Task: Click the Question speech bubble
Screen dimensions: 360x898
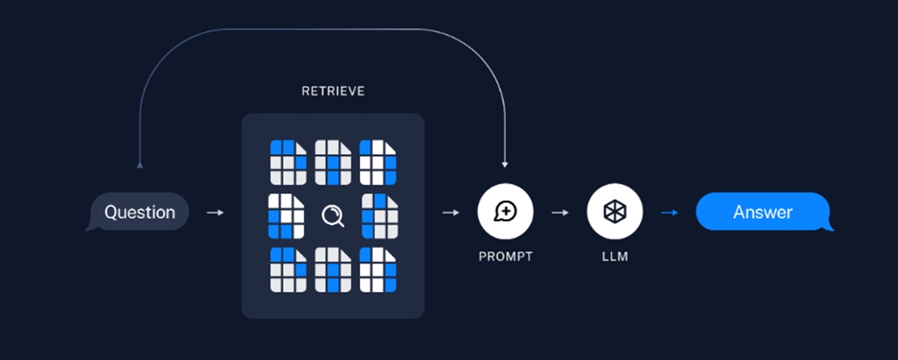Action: [139, 212]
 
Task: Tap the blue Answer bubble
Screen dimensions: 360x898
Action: [762, 212]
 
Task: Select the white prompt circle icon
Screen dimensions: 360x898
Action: [505, 212]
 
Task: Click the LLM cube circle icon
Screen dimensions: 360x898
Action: [614, 212]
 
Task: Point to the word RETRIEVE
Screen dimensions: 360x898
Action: [333, 92]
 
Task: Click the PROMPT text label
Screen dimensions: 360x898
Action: [505, 257]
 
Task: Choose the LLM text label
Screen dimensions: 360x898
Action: [614, 257]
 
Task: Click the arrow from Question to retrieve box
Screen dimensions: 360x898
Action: [216, 212]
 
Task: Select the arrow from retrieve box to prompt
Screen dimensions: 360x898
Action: [451, 212]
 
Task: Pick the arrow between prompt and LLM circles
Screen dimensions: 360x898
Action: [560, 212]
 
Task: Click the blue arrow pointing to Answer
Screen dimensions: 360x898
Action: [669, 212]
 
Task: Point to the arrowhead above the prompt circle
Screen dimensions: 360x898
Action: [504, 164]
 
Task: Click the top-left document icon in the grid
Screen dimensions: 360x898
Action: [288, 162]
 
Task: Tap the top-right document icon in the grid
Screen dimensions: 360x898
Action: [378, 162]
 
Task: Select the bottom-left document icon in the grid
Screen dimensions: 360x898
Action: [288, 269]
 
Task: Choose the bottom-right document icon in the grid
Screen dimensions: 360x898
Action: [378, 269]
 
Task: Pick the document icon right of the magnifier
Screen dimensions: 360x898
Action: [379, 217]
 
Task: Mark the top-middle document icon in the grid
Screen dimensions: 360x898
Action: [333, 162]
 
